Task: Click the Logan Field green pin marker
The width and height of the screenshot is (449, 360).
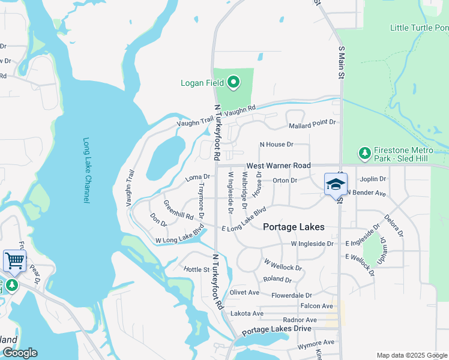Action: click(234, 82)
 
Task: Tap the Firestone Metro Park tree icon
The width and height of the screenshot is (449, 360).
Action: click(364, 154)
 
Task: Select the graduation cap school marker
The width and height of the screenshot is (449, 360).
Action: click(336, 184)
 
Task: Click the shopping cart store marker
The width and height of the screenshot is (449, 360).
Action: click(14, 261)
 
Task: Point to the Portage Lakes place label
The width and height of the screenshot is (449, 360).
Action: click(294, 227)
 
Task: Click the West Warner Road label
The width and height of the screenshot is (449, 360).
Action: click(279, 165)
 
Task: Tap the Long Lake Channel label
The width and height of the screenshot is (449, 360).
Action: click(86, 171)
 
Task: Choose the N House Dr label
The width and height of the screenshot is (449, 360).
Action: click(276, 145)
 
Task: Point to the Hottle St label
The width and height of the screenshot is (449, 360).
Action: click(196, 270)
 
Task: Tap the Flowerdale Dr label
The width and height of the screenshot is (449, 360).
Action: click(292, 295)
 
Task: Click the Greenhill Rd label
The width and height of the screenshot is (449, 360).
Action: click(178, 210)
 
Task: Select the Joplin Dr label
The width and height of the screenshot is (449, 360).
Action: click(373, 179)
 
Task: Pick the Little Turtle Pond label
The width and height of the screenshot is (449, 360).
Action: click(419, 28)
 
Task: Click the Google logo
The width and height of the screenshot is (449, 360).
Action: click(19, 353)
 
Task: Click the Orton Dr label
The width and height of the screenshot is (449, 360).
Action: click(285, 180)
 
